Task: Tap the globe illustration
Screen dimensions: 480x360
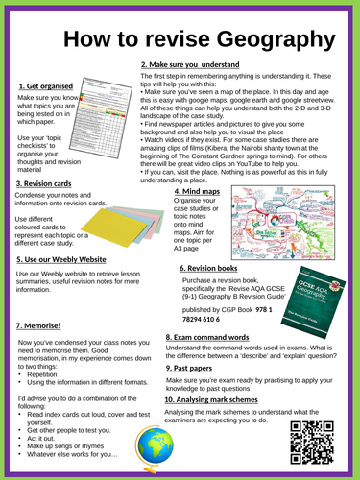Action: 154,451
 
